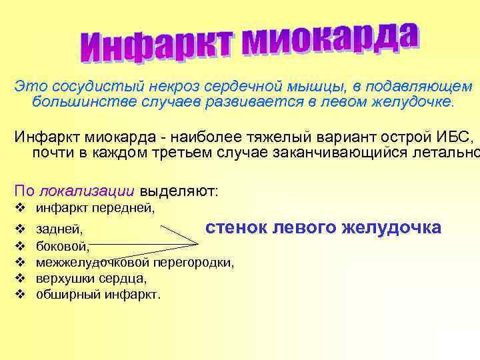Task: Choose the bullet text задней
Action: point(59,230)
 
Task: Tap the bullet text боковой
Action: point(62,247)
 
